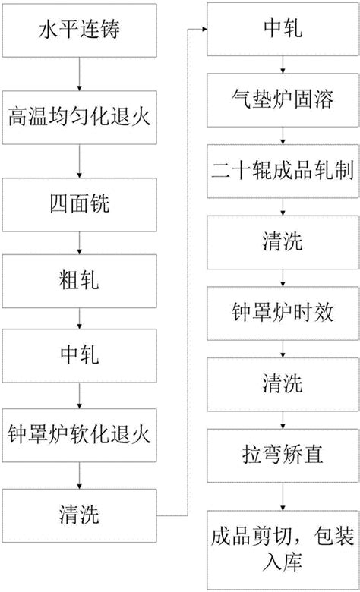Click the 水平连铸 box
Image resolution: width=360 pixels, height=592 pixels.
coord(79,30)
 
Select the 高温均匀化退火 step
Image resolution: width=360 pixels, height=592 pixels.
coord(79,118)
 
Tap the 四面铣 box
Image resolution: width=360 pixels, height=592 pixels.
coord(79,205)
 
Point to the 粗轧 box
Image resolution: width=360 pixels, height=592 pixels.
coord(79,281)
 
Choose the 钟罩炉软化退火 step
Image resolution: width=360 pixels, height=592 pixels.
coord(79,436)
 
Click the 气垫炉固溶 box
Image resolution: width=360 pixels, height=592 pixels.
coord(283,100)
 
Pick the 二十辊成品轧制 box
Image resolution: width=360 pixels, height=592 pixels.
coord(283,171)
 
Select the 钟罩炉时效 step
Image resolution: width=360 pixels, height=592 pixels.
coord(283,313)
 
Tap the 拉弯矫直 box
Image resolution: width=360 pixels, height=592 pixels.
coord(283,455)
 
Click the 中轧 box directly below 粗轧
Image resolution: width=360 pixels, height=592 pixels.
coord(79,356)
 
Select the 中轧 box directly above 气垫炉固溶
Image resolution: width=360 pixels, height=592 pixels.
coord(283,29)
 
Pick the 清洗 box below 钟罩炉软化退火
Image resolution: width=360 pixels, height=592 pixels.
coord(79,516)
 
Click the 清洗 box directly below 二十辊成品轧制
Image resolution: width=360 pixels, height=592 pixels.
coord(283,242)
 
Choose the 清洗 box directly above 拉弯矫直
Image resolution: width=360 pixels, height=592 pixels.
coord(283,385)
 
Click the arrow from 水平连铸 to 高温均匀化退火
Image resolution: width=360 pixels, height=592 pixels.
coord(79,74)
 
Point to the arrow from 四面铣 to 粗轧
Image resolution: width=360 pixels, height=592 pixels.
coord(79,243)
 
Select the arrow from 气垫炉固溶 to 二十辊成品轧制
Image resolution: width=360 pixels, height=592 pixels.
coord(283,136)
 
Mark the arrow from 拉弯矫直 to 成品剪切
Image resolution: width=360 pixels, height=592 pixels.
coord(283,496)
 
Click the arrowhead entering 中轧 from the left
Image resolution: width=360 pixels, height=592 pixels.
coord(204,29)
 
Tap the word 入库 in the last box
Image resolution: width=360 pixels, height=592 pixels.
coord(283,562)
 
